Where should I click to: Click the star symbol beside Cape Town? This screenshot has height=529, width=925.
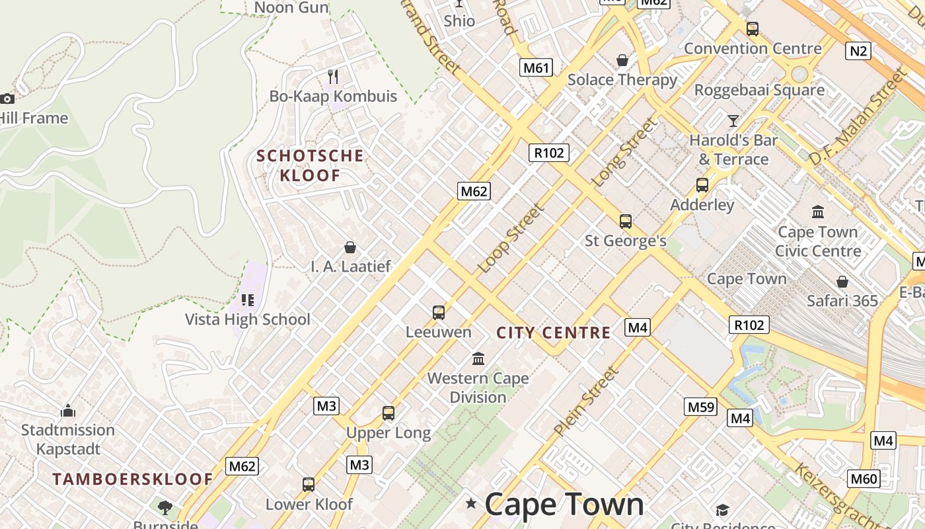tap(471, 504)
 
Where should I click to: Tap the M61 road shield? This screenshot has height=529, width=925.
tap(535, 67)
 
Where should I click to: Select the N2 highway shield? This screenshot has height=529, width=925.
tap(858, 51)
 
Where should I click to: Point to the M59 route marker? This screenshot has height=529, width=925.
tap(701, 407)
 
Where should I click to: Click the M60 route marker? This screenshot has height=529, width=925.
tap(864, 479)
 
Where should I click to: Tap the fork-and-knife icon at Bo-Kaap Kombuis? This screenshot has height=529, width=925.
tap(333, 77)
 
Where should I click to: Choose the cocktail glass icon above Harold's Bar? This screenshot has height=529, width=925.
tap(733, 120)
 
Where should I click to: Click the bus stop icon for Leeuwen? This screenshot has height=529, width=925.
tap(438, 313)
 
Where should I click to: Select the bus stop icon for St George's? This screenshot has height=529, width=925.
tap(625, 222)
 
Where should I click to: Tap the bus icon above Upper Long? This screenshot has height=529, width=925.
tap(388, 413)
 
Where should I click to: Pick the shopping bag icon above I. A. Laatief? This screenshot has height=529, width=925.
tap(350, 247)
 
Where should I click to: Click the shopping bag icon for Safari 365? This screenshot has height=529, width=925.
tap(842, 282)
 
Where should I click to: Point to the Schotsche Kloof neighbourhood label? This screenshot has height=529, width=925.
tap(310, 165)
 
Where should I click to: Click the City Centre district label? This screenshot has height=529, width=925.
tap(554, 333)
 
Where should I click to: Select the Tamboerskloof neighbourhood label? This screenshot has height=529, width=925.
tap(133, 479)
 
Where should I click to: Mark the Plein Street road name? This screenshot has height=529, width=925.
tap(586, 401)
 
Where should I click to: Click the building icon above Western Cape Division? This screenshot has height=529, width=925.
tap(478, 359)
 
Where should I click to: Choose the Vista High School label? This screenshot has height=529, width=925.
tap(248, 319)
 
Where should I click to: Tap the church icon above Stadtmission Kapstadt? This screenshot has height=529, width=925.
tap(67, 411)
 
